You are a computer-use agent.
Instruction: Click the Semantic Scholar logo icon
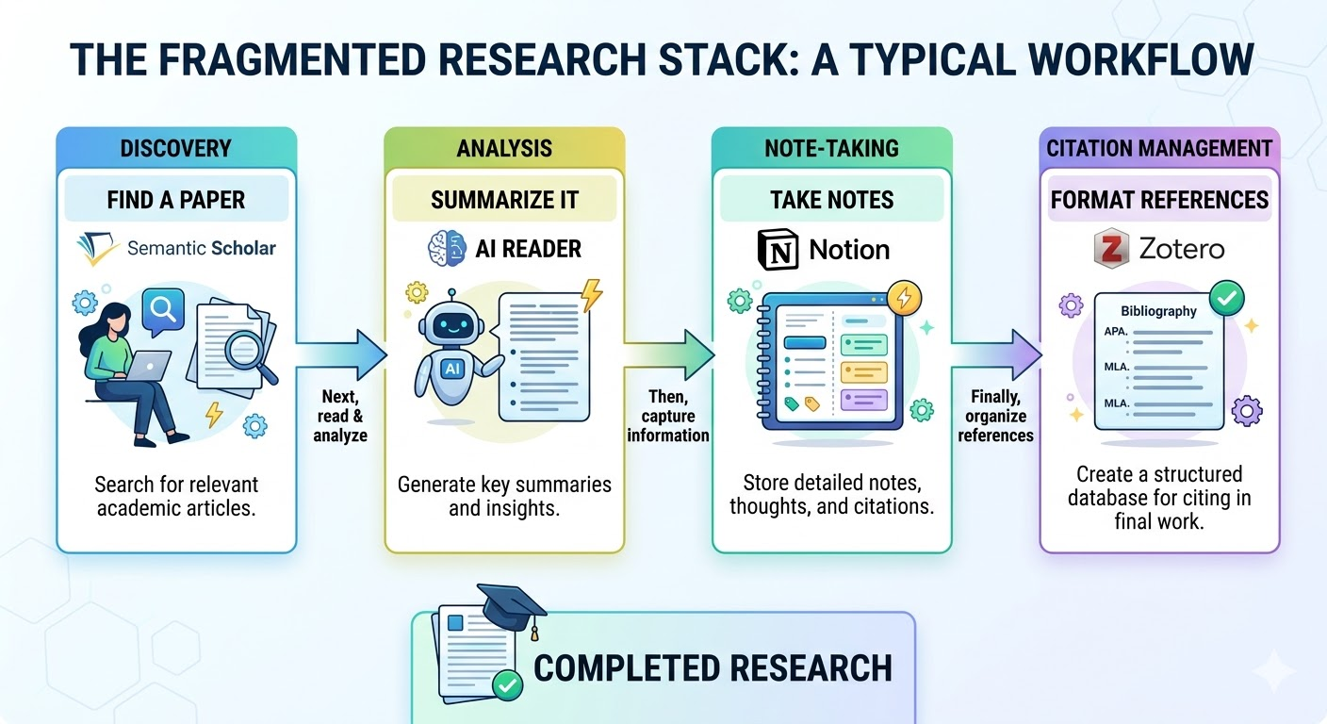pyautogui.click(x=97, y=248)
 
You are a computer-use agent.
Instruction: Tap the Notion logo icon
pyautogui.click(x=778, y=249)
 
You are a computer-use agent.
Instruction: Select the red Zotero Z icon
pyautogui.click(x=1111, y=249)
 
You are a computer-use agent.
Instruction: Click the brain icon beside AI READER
pyautogui.click(x=447, y=249)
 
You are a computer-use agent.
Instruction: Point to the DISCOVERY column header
pyautogui.click(x=176, y=148)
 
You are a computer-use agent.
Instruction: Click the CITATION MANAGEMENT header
pyautogui.click(x=1159, y=148)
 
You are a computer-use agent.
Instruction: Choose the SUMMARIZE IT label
pyautogui.click(x=504, y=200)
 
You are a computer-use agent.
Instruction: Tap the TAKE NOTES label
pyautogui.click(x=831, y=200)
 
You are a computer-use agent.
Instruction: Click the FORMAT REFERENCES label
pyautogui.click(x=1159, y=200)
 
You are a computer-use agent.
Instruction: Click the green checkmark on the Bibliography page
pyautogui.click(x=1226, y=300)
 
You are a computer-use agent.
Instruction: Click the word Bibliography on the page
pyautogui.click(x=1158, y=311)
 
